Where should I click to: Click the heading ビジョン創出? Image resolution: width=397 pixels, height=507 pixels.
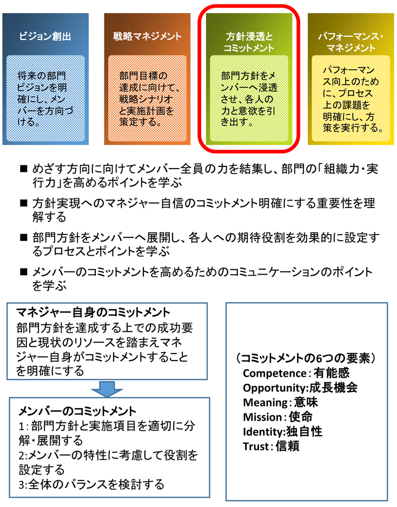(x=45, y=36)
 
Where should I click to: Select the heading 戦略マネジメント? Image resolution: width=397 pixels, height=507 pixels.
(x=147, y=36)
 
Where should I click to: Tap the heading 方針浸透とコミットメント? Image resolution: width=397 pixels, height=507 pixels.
(x=249, y=42)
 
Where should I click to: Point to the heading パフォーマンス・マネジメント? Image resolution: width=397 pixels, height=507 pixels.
(x=350, y=42)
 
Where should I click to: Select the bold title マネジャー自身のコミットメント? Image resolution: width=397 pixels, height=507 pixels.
(x=93, y=312)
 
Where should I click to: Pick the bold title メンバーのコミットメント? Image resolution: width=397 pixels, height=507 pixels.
(x=78, y=411)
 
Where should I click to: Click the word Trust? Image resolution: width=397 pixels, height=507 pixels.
(x=256, y=446)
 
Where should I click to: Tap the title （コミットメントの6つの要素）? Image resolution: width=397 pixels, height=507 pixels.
(x=306, y=358)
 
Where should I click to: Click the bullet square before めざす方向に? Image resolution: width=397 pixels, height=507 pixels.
(x=24, y=169)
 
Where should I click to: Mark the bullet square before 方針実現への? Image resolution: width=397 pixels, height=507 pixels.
(x=24, y=203)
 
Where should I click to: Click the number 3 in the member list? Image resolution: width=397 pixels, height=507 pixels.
(x=21, y=485)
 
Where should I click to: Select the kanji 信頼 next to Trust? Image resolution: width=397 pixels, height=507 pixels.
(x=288, y=446)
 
